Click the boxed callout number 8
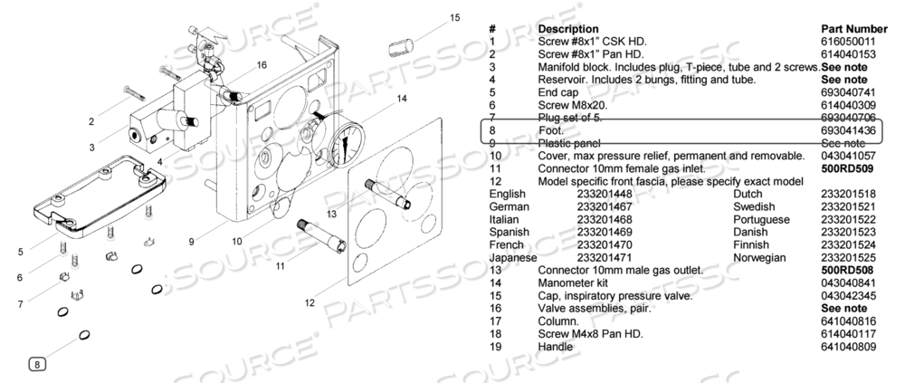pyautogui.click(x=38, y=364)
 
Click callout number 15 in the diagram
pyautogui.click(x=454, y=17)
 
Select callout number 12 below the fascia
pyautogui.click(x=310, y=302)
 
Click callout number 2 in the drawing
pyautogui.click(x=90, y=120)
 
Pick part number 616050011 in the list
pyautogui.click(x=848, y=42)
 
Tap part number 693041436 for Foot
pyautogui.click(x=848, y=130)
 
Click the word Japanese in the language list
pyautogui.click(x=513, y=257)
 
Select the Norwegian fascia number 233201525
pyautogui.click(x=848, y=257)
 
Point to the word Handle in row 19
pyautogui.click(x=556, y=346)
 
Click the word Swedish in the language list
pyautogui.click(x=755, y=206)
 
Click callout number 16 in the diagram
pyautogui.click(x=262, y=65)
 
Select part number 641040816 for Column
pyautogui.click(x=848, y=321)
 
